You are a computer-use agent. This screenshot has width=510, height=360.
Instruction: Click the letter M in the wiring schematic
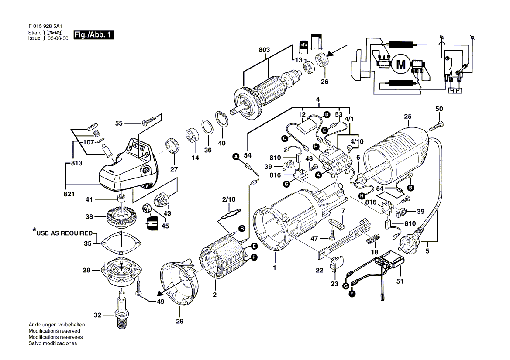[x=400, y=65]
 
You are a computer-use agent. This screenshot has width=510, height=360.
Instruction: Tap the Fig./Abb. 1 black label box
[x=93, y=35]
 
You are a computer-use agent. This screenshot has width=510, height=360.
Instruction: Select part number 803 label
[x=264, y=50]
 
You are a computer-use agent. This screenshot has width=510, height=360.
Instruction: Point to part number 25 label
[x=408, y=117]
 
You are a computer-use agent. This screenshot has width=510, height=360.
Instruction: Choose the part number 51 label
[x=400, y=282]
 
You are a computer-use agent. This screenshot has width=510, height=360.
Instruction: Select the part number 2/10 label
[x=229, y=199]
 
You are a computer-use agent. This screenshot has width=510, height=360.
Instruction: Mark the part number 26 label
[x=324, y=81]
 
